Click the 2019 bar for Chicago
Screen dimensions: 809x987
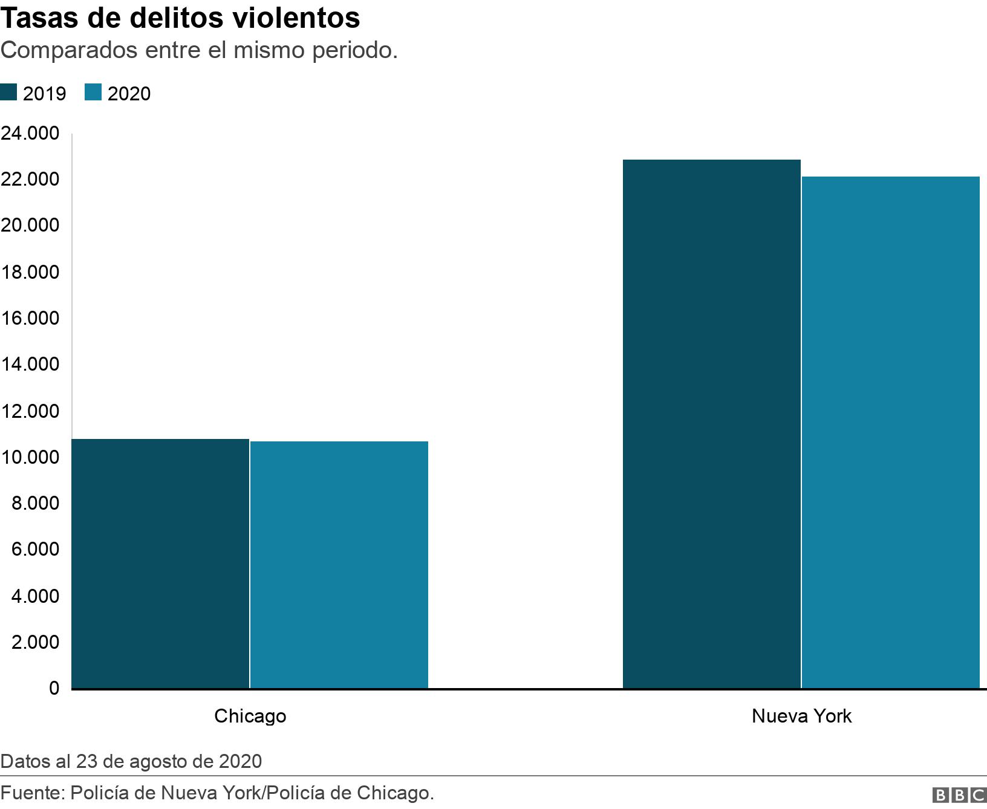pos(160,564)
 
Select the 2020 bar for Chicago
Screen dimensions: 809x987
pos(339,565)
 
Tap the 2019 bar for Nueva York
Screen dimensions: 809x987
pos(712,424)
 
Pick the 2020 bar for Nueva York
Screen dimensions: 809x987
pos(891,432)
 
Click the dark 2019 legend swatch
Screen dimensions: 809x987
pos(9,93)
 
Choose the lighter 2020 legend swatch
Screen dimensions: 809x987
pos(93,93)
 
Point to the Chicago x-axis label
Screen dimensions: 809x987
pos(250,716)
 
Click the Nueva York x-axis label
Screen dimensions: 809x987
pos(801,716)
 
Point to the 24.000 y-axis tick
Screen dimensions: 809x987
pos(30,133)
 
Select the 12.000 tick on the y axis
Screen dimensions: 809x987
pos(30,411)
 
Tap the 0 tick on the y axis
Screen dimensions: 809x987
pos(54,688)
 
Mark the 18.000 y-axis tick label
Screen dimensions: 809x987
pos(30,272)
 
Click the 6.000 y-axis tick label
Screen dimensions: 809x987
pos(36,549)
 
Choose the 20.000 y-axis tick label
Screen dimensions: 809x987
pos(30,226)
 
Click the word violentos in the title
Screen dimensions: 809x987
pos(296,18)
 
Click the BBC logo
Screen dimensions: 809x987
pos(959,794)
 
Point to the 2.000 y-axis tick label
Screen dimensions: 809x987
pos(36,642)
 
